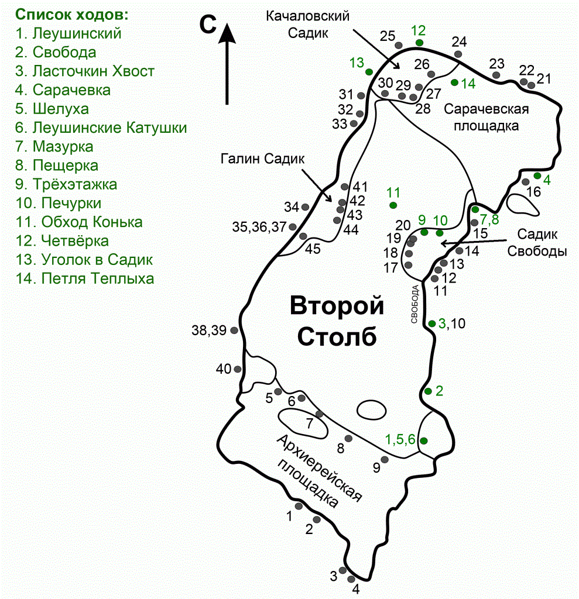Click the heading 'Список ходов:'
(x=72, y=14)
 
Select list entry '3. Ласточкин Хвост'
(x=85, y=71)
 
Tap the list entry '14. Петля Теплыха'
(x=85, y=278)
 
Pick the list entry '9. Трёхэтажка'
(x=66, y=184)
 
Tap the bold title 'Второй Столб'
(x=337, y=321)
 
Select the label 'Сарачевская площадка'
(x=486, y=116)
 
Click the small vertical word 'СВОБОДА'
(x=414, y=304)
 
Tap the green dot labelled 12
(x=419, y=43)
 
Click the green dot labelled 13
(x=369, y=71)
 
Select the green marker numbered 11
(x=393, y=205)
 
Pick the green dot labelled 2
(x=428, y=391)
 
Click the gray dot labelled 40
(x=238, y=369)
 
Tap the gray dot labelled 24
(x=458, y=54)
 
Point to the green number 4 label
(x=547, y=180)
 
